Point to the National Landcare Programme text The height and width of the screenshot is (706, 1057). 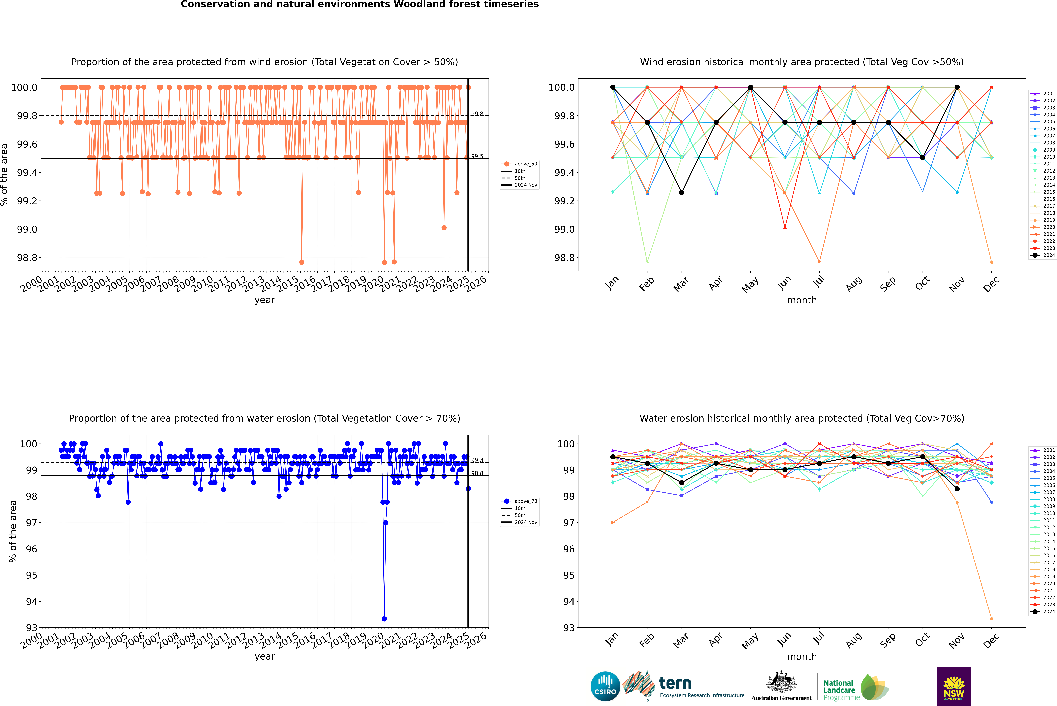tap(839, 690)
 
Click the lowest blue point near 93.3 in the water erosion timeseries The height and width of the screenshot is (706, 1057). tap(384, 619)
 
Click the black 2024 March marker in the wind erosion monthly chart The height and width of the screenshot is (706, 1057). tap(681, 192)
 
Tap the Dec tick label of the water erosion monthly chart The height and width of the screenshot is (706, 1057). tap(991, 640)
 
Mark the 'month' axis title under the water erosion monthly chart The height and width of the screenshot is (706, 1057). tap(801, 656)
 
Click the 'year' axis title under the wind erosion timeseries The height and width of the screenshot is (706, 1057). tap(264, 300)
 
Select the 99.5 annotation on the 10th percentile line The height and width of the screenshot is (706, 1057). tap(477, 156)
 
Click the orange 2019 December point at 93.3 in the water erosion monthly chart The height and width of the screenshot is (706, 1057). tap(991, 619)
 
